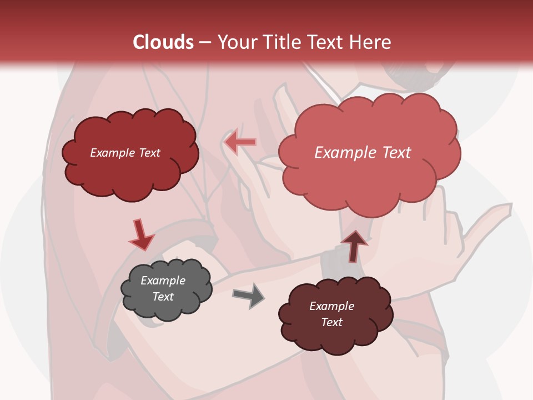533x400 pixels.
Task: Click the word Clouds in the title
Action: (x=163, y=42)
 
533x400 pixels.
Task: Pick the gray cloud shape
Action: (x=167, y=308)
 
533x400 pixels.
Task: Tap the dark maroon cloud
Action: (x=335, y=336)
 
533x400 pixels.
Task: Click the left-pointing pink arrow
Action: (x=240, y=142)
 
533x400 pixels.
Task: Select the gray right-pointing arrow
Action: (x=249, y=295)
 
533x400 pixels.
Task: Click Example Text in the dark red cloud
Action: (x=125, y=153)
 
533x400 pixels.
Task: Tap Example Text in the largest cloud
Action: (x=363, y=153)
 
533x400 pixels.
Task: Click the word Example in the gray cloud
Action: (x=163, y=281)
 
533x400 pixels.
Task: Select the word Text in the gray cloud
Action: (x=163, y=297)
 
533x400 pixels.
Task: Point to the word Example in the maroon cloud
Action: (x=331, y=306)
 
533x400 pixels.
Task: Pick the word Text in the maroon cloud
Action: (x=331, y=322)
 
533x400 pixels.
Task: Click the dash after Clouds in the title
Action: (x=204, y=42)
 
